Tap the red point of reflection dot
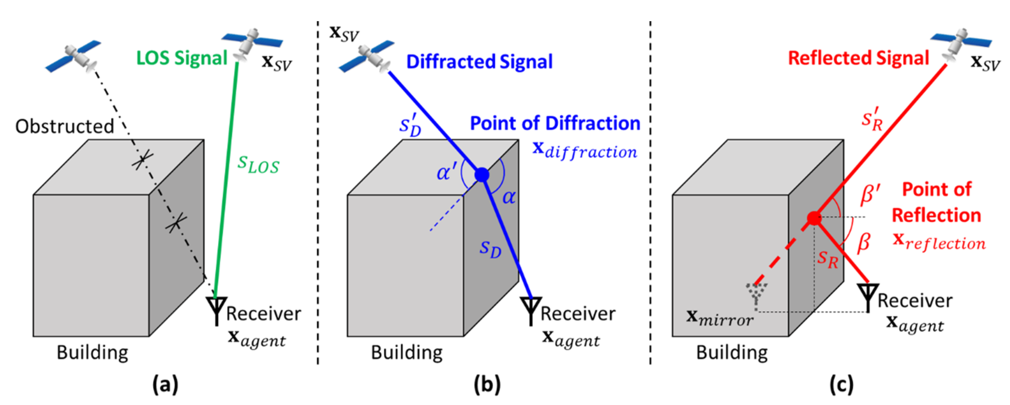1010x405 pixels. [814, 218]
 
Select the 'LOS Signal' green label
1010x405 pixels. [181, 58]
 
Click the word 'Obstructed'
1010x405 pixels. [65, 127]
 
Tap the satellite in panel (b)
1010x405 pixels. [367, 57]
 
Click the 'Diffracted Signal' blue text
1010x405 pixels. [479, 62]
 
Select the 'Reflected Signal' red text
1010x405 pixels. [858, 58]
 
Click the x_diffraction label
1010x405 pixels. [585, 150]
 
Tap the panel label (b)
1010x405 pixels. [487, 385]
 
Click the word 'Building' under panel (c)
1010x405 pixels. [732, 352]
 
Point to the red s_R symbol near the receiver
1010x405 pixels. [827, 259]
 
